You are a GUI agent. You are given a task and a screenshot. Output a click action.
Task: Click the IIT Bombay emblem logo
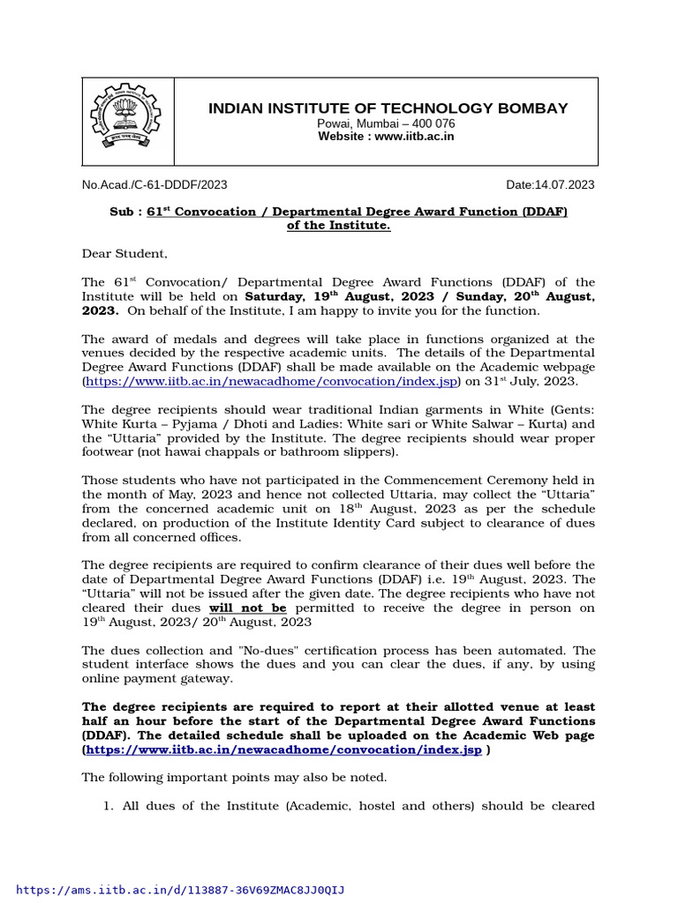pyautogui.click(x=128, y=122)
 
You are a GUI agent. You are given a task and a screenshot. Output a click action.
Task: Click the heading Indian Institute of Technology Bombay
pyautogui.click(x=388, y=108)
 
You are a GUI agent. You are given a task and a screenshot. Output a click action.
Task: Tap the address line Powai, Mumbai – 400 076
pyautogui.click(x=387, y=123)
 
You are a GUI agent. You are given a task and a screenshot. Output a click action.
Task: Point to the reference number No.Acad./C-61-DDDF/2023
pyautogui.click(x=154, y=184)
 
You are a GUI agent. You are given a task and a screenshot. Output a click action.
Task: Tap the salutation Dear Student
pyautogui.click(x=124, y=254)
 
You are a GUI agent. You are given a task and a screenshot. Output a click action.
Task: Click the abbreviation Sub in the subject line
pyautogui.click(x=122, y=212)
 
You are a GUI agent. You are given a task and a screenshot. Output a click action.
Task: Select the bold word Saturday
pyautogui.click(x=274, y=296)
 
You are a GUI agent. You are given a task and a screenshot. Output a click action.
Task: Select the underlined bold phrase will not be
pyautogui.click(x=247, y=608)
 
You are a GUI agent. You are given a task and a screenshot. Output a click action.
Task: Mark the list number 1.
pyautogui.click(x=108, y=805)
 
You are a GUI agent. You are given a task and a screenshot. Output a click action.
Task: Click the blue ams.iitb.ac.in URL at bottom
pyautogui.click(x=181, y=890)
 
